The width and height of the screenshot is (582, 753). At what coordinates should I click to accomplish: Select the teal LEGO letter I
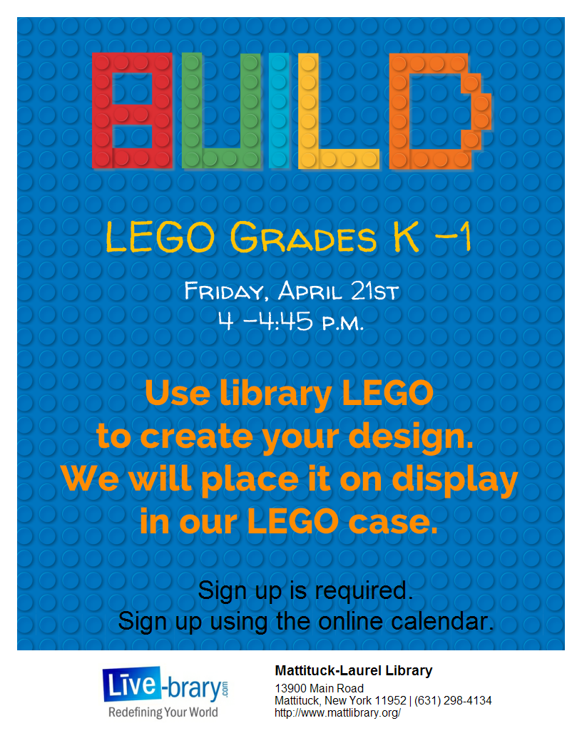(280, 111)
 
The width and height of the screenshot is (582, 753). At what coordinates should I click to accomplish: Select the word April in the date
(310, 291)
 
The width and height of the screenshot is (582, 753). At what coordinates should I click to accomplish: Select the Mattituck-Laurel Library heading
(353, 671)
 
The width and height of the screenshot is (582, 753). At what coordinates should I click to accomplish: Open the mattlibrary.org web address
(337, 712)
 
